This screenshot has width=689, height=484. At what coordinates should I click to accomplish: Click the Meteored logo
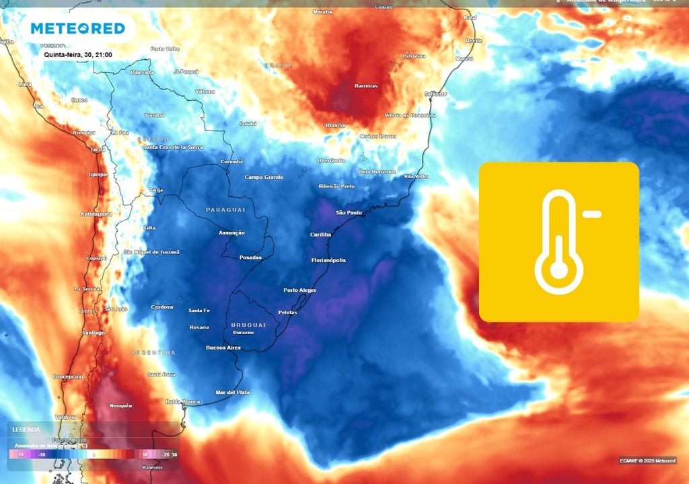click(78, 28)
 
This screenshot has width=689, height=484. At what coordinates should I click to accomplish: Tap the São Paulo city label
click(349, 212)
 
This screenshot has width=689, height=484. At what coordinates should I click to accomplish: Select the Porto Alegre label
click(299, 290)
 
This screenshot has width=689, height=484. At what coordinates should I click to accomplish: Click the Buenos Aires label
click(223, 348)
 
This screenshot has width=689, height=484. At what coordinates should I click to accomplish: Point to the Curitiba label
click(320, 235)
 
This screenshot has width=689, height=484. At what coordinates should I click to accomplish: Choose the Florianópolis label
click(328, 260)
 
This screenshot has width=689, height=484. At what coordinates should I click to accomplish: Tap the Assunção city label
click(231, 233)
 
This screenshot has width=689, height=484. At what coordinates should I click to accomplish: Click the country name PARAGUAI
click(225, 210)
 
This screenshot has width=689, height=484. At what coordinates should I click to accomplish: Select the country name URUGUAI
click(248, 325)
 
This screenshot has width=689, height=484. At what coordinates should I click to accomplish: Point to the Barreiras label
click(366, 86)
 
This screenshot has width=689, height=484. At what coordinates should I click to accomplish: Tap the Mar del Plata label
click(233, 392)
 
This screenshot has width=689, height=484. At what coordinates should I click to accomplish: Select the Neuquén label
click(121, 406)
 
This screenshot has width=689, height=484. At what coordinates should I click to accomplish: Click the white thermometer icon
click(558, 242)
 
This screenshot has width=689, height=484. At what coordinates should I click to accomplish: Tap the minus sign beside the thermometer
click(591, 215)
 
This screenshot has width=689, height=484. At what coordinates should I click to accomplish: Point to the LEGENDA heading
click(26, 430)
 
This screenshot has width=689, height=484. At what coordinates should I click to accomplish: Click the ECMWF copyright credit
click(648, 460)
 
